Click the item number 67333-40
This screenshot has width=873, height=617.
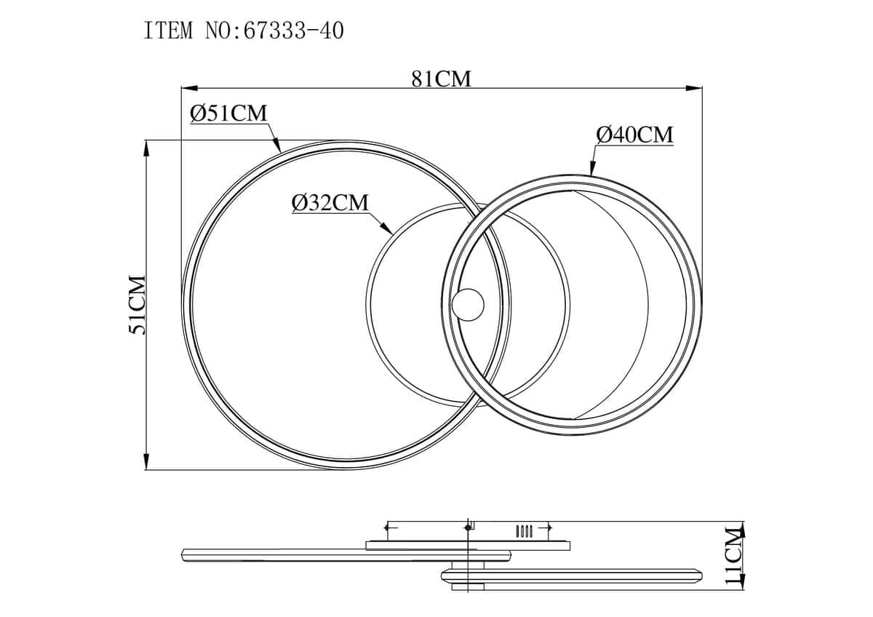[293, 31]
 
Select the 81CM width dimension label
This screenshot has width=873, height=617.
[441, 79]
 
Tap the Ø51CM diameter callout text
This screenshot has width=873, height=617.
[228, 114]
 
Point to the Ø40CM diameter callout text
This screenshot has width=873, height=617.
[635, 135]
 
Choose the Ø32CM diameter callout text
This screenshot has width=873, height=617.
[330, 203]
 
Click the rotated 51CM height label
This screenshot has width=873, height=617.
[137, 304]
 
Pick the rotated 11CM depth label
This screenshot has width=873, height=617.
[735, 561]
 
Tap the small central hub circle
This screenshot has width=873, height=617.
[469, 305]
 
